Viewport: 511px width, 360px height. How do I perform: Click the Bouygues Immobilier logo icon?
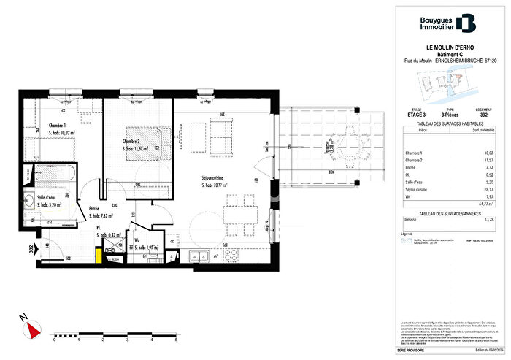(464, 23)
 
